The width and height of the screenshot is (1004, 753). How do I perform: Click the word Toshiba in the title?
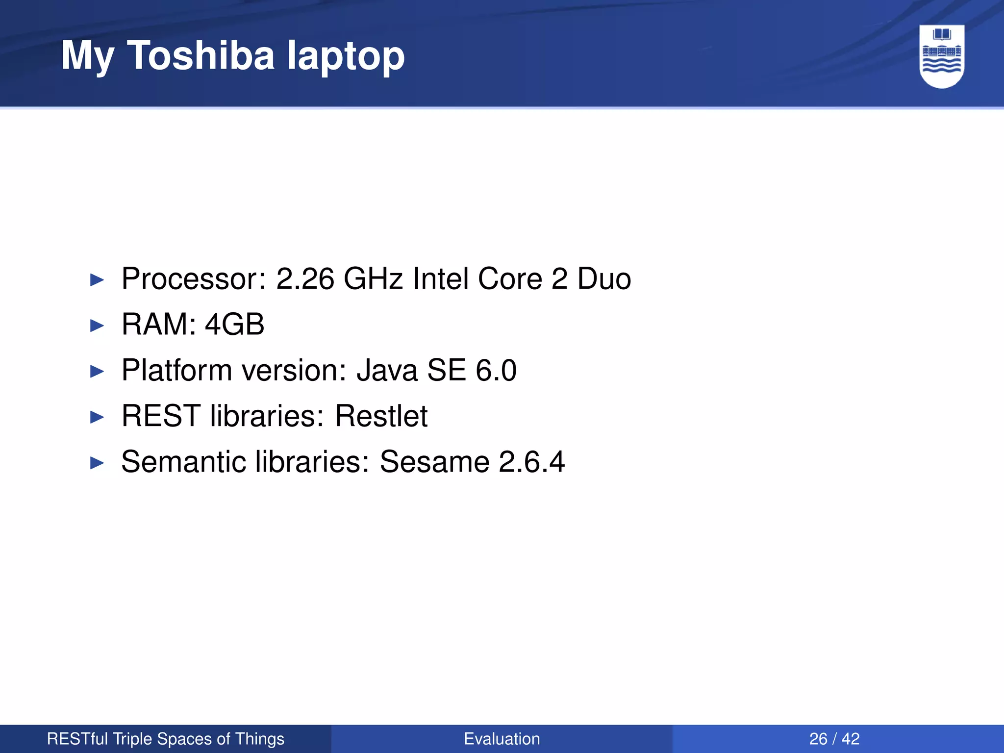[x=201, y=55]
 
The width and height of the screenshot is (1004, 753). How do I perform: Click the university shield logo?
[x=942, y=56]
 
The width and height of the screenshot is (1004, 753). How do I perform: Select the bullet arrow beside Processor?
[x=98, y=280]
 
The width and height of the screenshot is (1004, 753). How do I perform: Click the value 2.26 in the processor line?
[x=305, y=279]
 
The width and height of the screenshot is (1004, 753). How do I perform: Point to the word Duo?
[x=604, y=279]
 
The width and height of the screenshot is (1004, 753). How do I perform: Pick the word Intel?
[x=440, y=279]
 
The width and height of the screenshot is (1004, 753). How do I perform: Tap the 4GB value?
[x=234, y=325]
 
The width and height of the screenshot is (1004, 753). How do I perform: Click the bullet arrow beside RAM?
[x=98, y=326]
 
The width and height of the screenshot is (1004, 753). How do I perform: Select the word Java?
[x=387, y=370]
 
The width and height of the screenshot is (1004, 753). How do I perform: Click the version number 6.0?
[x=496, y=370]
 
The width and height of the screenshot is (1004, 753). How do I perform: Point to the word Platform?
[x=176, y=370]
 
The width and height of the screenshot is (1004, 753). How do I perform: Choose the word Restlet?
[x=381, y=416]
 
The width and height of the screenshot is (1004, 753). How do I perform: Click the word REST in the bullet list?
[x=161, y=416]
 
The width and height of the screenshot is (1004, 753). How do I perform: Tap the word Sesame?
[x=434, y=462]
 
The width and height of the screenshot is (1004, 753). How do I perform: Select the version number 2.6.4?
[x=531, y=462]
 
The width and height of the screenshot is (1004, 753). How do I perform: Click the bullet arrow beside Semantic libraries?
[x=98, y=463]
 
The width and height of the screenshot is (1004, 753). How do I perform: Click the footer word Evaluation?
[x=502, y=739]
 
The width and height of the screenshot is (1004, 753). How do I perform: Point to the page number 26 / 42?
[x=834, y=739]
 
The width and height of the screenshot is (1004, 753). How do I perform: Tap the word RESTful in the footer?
[x=77, y=739]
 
